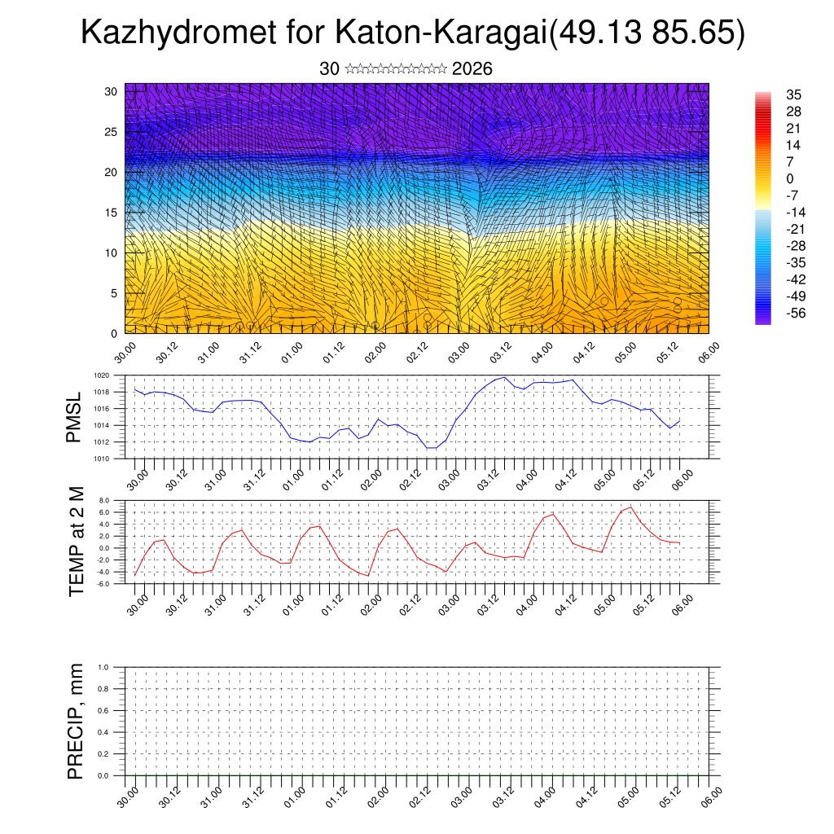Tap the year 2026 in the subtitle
tap(472, 69)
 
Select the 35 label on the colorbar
tap(794, 94)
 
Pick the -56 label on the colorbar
tap(794, 313)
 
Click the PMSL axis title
tap(74, 417)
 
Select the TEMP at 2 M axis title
tap(77, 541)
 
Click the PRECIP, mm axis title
tap(76, 721)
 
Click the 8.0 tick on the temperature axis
tap(104, 500)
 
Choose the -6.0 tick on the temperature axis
tap(103, 584)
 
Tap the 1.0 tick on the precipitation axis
tap(103, 667)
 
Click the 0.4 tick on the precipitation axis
tap(103, 732)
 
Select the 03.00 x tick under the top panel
tap(459, 353)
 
